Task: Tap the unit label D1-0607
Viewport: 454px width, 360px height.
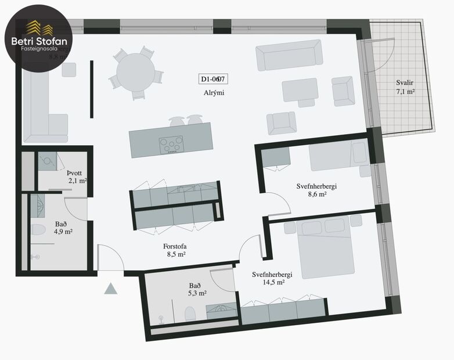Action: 213,80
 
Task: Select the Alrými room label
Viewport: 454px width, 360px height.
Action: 214,93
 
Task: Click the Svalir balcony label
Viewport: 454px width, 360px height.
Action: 405,82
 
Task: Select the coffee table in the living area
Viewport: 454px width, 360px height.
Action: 300,91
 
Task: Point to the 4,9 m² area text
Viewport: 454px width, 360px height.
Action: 64,232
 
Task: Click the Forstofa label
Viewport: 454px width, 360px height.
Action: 175,245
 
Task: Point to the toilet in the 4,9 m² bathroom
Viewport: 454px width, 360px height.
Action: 37,230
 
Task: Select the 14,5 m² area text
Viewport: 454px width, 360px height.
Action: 272,282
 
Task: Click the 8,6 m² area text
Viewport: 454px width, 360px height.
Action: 316,195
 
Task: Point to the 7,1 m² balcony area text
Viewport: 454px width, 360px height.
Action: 405,92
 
